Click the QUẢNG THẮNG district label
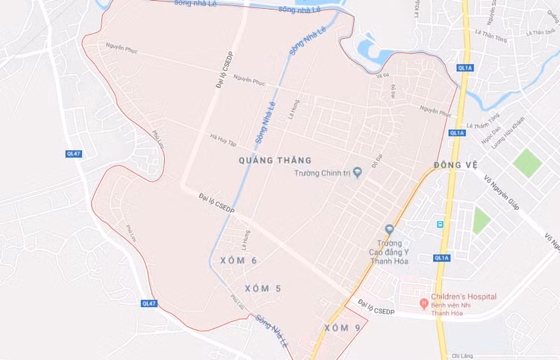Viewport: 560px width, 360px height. [x=275, y=160]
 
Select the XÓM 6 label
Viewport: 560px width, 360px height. [x=239, y=260]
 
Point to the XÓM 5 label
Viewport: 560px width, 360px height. [x=263, y=288]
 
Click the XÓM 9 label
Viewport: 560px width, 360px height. [x=343, y=328]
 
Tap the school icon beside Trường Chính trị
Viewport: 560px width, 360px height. [x=357, y=173]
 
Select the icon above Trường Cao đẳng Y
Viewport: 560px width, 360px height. [x=389, y=229]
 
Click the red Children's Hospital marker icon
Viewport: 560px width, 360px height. [x=424, y=302]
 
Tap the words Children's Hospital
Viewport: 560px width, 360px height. [x=464, y=297]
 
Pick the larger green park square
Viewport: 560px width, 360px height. [x=528, y=162]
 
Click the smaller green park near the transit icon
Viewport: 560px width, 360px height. [x=482, y=221]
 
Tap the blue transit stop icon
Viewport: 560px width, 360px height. [x=441, y=223]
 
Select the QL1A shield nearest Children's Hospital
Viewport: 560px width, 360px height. [x=442, y=258]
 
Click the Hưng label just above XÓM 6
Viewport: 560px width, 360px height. [x=246, y=238]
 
